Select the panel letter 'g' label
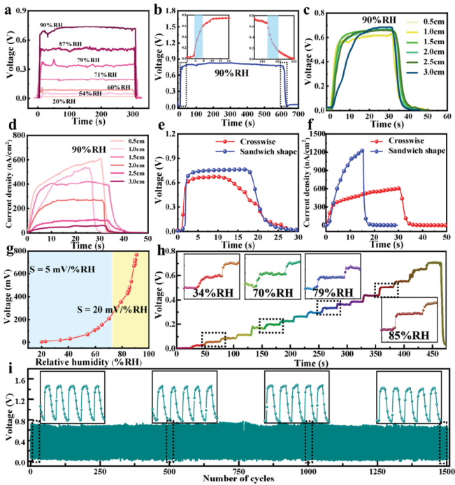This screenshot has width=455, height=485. pos(6,248)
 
